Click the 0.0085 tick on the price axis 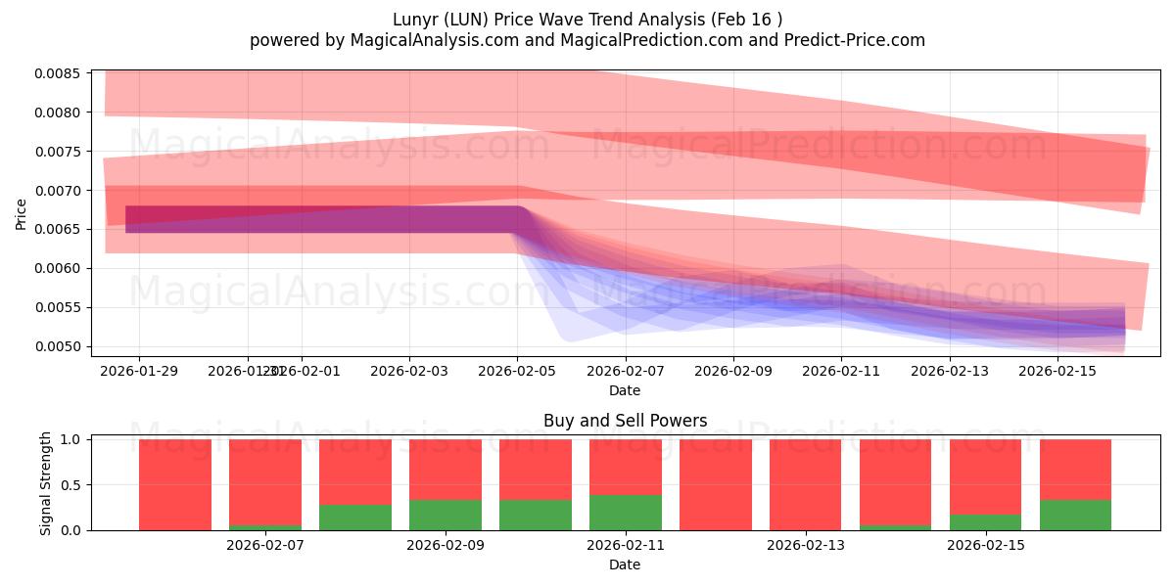pos(60,73)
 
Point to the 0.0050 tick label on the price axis pos(60,346)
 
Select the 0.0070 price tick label pos(60,191)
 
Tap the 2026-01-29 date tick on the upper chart pos(139,371)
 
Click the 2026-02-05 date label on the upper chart pos(517,371)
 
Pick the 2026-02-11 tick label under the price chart pos(841,371)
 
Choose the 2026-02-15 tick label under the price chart pos(1057,371)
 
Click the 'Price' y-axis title pos(22,213)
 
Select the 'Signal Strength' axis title pos(46,484)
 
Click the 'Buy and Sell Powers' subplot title pos(625,422)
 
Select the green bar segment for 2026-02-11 pos(625,513)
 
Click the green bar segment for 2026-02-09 pos(445,515)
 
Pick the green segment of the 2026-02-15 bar pos(985,522)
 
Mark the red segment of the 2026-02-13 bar pos(805,484)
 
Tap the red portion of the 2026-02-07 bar pos(264,481)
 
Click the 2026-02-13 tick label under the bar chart pos(805,545)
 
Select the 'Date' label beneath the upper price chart pos(625,390)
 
